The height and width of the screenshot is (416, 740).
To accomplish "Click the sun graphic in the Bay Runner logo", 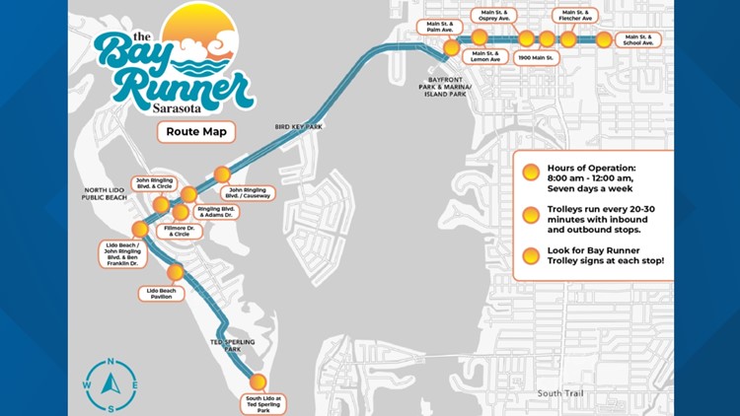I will coord(201,35).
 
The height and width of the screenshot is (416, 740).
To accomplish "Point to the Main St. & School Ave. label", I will coord(638,40).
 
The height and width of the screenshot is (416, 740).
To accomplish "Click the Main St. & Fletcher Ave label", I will coord(574,15).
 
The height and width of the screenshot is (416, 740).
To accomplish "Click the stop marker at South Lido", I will coord(259,381).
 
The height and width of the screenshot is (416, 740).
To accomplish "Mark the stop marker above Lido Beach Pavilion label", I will coord(176,272).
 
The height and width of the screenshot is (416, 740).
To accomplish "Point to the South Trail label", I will coord(559,393).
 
